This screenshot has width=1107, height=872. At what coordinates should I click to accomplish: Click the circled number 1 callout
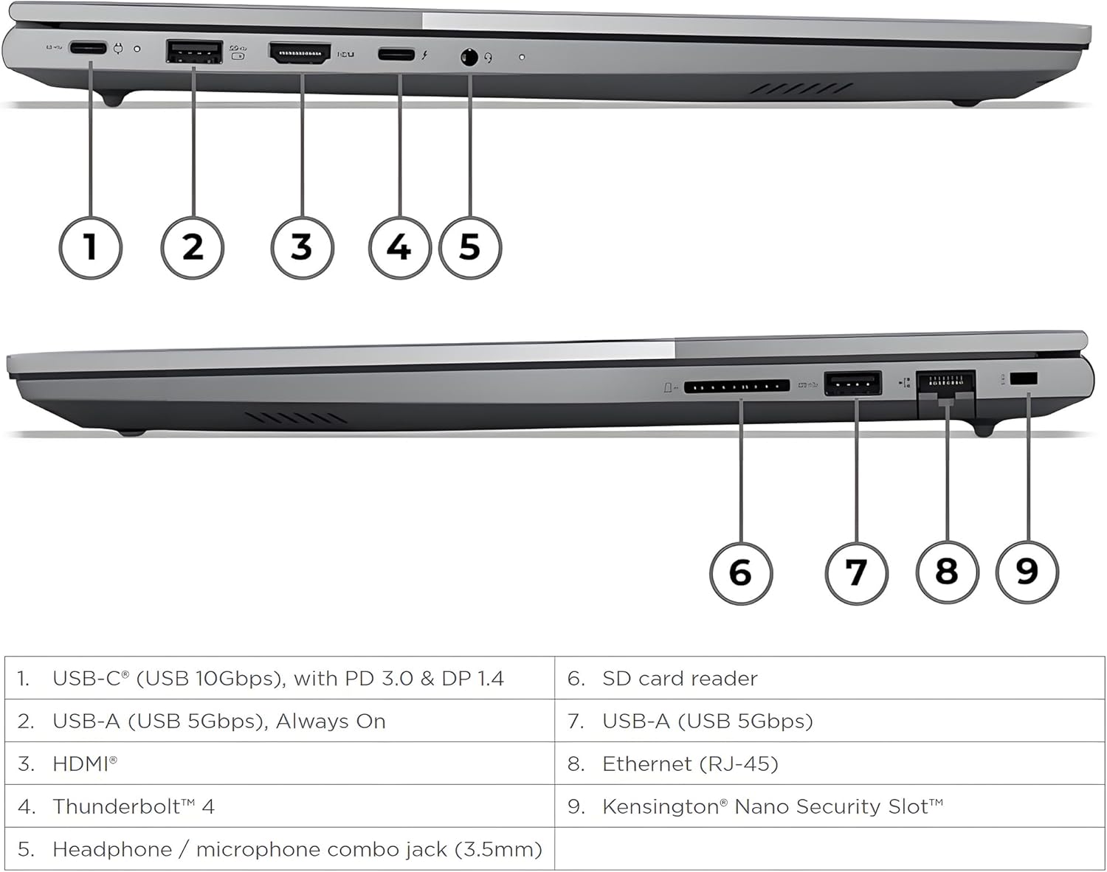(x=90, y=246)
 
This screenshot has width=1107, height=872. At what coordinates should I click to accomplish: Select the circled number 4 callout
(x=399, y=246)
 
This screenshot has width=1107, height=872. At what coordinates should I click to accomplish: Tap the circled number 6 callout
(x=741, y=572)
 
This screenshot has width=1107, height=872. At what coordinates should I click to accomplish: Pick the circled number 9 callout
(x=1027, y=571)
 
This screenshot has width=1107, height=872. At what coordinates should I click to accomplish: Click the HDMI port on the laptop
(x=300, y=53)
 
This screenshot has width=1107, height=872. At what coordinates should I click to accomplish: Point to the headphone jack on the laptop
(x=469, y=56)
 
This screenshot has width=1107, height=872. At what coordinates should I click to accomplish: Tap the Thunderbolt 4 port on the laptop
(x=396, y=54)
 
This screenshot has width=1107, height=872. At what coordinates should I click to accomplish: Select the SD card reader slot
(x=737, y=386)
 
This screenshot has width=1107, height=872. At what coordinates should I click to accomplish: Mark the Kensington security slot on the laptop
(x=1024, y=379)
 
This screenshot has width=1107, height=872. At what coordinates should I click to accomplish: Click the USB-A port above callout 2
(x=194, y=52)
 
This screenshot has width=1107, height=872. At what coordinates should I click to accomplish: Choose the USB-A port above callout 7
(x=852, y=384)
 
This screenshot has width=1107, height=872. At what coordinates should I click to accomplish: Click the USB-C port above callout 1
(x=88, y=49)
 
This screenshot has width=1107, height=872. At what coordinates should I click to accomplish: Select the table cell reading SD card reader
(x=680, y=679)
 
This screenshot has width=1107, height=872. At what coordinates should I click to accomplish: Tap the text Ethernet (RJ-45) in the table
(x=690, y=764)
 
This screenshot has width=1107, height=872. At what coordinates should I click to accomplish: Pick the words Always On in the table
(x=331, y=721)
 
